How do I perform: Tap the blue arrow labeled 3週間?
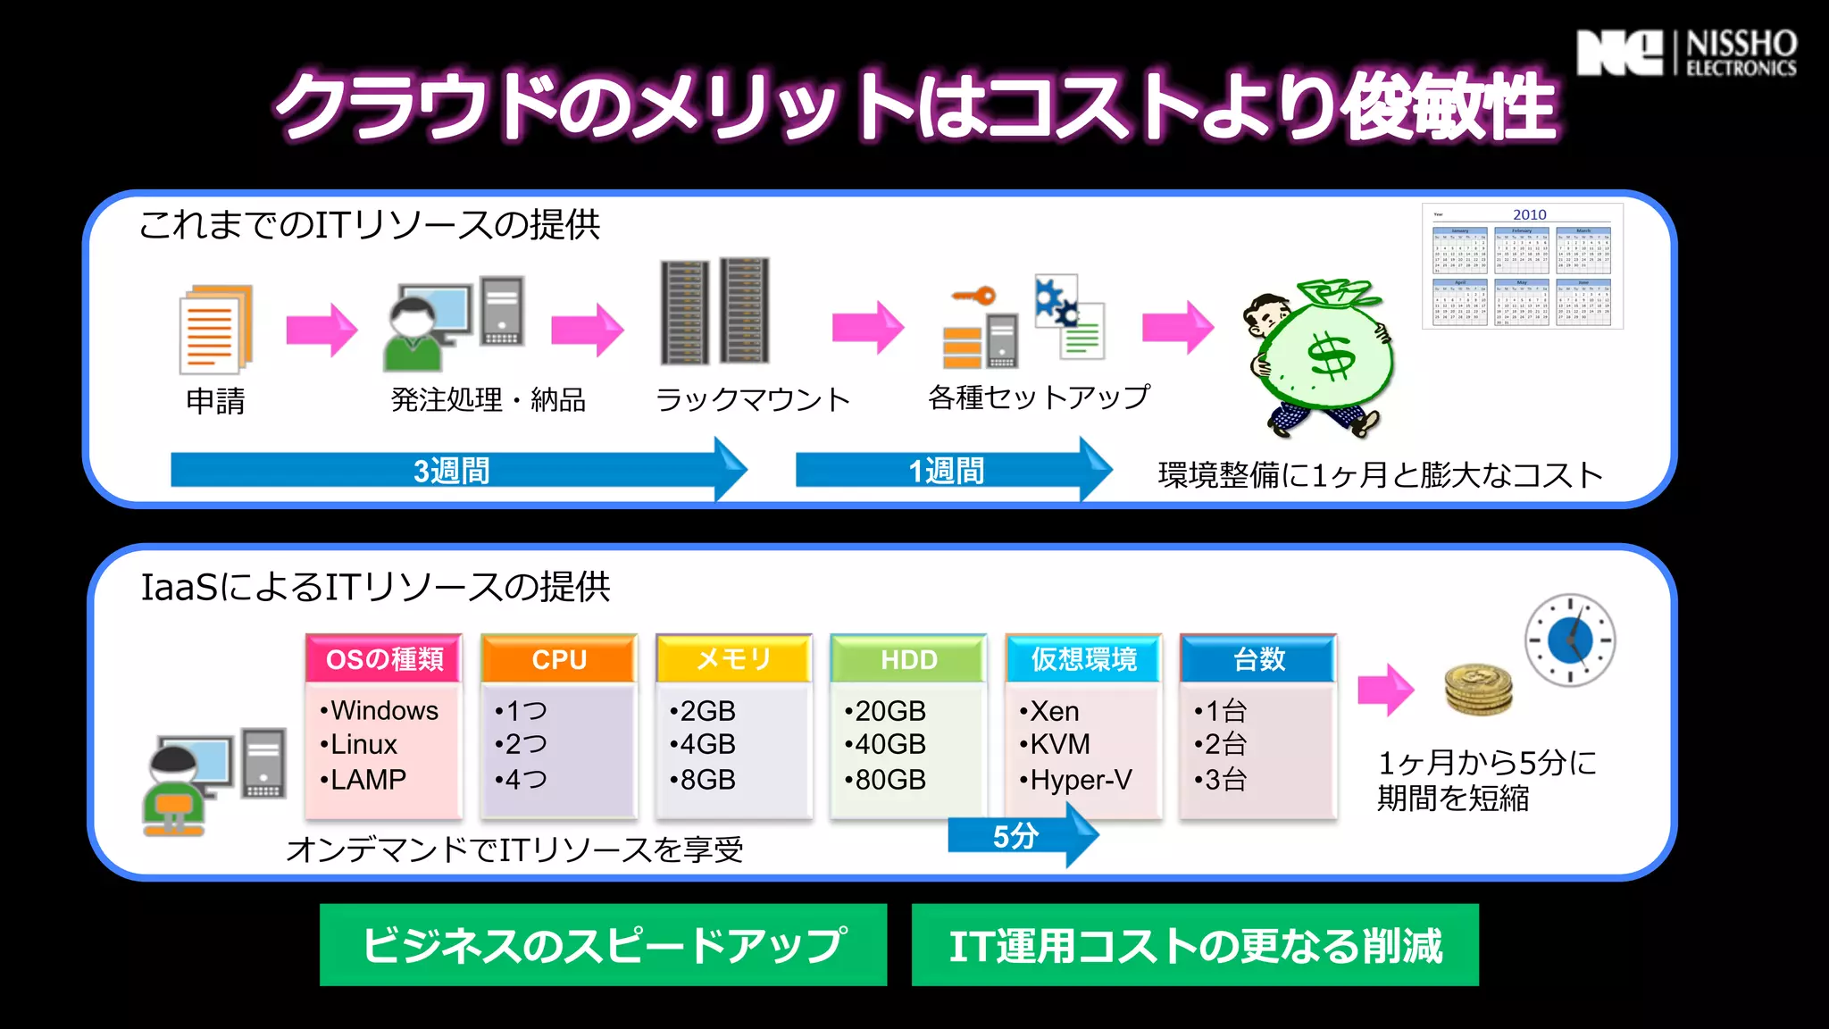pos(455,470)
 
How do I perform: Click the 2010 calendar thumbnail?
pos(1522,266)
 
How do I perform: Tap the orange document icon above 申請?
pos(215,329)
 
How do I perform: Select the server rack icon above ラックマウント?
pos(714,311)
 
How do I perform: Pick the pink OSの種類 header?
pos(384,659)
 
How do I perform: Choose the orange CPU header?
pos(559,659)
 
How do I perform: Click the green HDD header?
pos(908,659)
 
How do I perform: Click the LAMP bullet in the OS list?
pos(366,780)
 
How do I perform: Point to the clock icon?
pos(1569,640)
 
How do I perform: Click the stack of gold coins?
pos(1478,689)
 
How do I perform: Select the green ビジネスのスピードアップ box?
pos(603,945)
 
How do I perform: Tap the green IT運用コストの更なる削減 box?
pos(1195,945)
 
